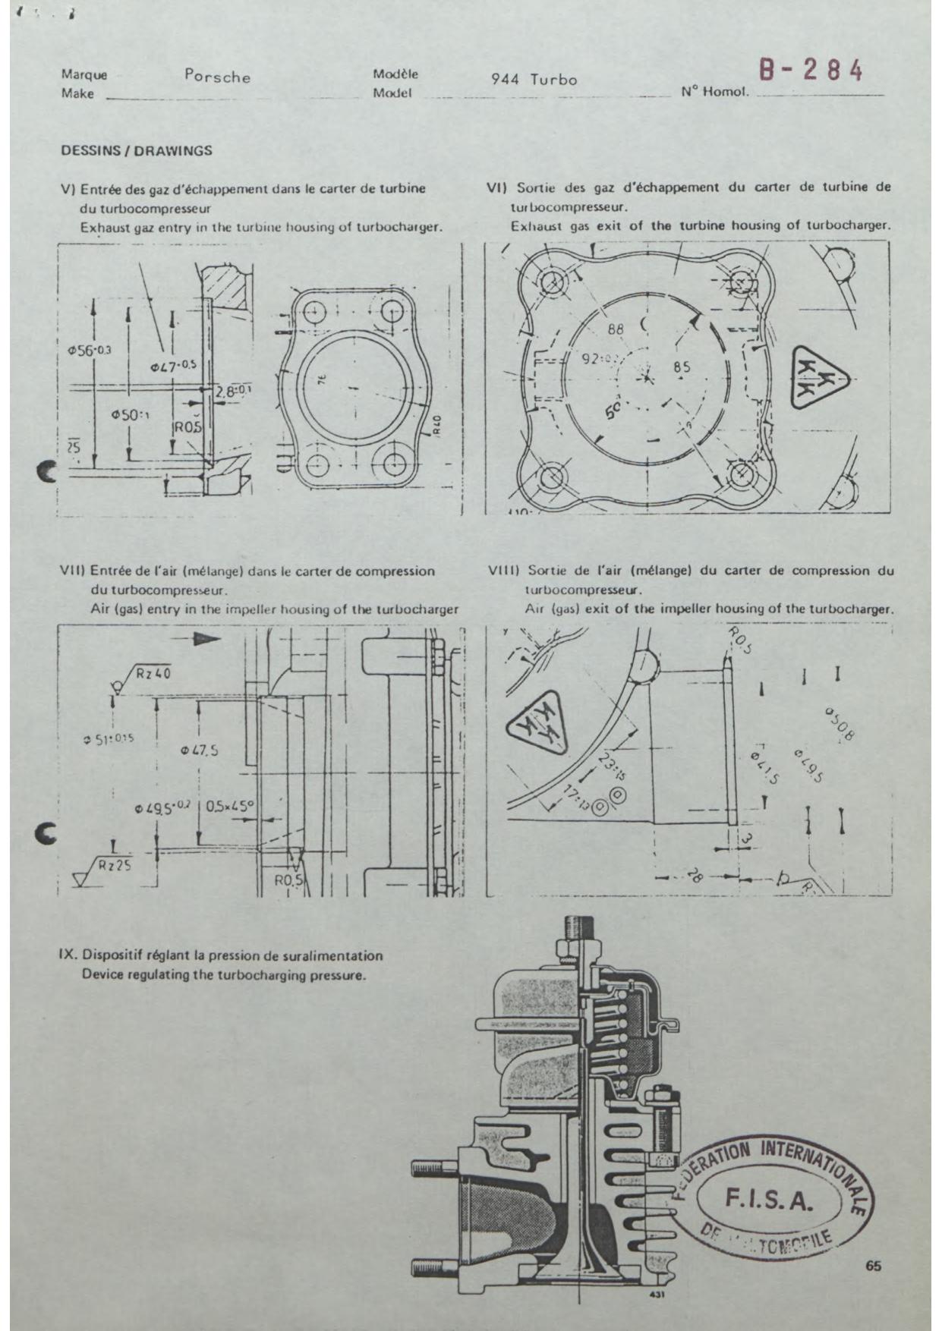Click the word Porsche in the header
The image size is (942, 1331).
point(217,77)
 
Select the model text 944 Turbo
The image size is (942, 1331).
point(534,80)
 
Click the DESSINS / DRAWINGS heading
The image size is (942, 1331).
point(137,150)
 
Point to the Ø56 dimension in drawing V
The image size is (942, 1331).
point(88,350)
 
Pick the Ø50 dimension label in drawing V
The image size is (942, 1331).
point(129,415)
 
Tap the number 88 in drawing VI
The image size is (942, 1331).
point(616,329)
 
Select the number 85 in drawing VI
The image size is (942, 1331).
point(682,367)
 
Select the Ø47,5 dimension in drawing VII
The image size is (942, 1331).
point(200,750)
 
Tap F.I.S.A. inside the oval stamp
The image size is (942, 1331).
point(770,1200)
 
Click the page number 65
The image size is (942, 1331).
point(872,1266)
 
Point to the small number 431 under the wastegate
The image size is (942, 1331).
point(657,1295)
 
